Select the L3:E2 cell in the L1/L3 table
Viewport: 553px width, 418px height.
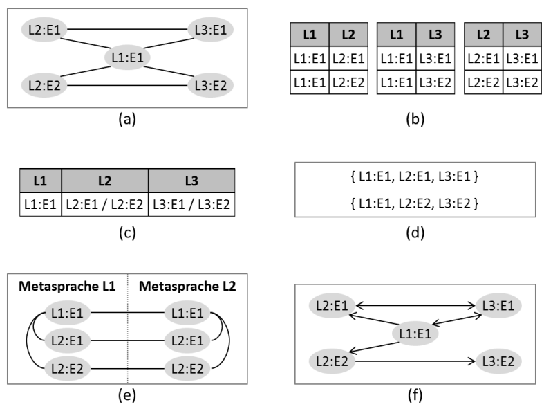tap(433, 82)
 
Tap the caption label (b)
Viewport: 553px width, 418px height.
tap(414, 119)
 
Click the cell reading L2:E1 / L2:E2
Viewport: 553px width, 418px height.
tap(104, 206)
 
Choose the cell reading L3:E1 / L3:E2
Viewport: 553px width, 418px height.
tap(191, 206)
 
